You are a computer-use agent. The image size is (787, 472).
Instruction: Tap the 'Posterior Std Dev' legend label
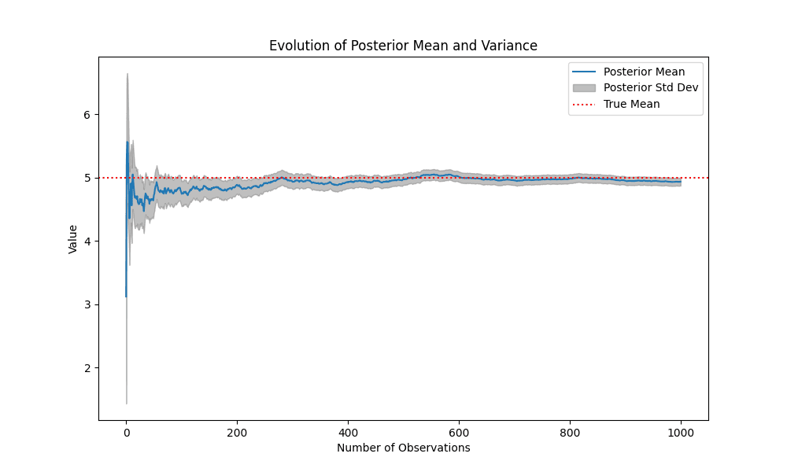[x=651, y=87]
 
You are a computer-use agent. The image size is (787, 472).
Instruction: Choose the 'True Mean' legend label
[x=632, y=104]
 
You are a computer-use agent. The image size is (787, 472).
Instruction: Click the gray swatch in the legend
[x=585, y=87]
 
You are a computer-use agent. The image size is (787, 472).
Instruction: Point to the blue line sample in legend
[x=585, y=72]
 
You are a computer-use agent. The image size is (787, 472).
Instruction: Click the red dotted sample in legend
[x=585, y=104]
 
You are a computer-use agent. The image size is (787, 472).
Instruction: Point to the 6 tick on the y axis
[x=87, y=115]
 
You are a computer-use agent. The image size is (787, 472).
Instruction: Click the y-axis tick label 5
[x=87, y=178]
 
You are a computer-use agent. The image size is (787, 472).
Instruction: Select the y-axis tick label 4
[x=87, y=242]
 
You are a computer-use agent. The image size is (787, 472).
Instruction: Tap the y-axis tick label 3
[x=87, y=304]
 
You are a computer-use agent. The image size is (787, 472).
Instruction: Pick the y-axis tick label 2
[x=87, y=368]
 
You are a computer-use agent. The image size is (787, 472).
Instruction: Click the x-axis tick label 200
[x=237, y=432]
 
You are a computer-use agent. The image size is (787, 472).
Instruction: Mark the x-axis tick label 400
[x=348, y=432]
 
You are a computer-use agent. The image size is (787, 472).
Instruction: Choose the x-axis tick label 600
[x=459, y=432]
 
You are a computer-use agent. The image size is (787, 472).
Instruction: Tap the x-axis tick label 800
[x=570, y=432]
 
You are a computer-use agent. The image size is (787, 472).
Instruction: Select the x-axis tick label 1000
[x=681, y=432]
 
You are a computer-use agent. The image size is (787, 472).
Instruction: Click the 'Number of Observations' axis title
[x=403, y=448]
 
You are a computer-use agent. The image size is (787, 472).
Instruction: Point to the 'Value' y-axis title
[x=73, y=238]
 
